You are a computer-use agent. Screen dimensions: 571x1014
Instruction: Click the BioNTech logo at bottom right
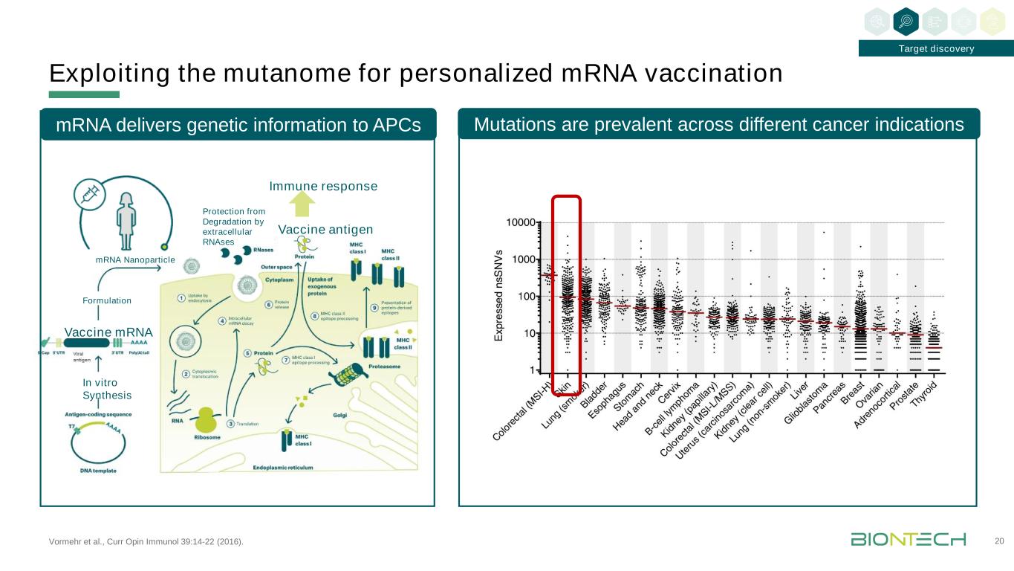[908, 539]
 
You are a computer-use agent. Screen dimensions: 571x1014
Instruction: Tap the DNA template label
[97, 471]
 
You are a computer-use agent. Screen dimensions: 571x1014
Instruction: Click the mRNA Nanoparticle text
[135, 259]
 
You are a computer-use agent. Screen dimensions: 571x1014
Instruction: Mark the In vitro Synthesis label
[106, 389]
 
